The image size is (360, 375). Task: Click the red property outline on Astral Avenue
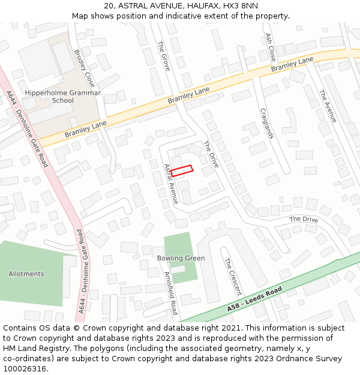pos(181,170)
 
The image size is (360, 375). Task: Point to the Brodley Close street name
pos(85,68)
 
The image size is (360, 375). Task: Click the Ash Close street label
pos(271,47)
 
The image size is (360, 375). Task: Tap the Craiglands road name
pos(267,124)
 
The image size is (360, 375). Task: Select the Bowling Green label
pos(181,259)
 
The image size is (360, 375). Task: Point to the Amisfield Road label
pos(171,293)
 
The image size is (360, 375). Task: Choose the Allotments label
pos(26,274)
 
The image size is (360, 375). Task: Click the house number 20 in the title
pos(109,6)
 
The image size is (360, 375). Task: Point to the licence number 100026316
pos(25,369)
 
